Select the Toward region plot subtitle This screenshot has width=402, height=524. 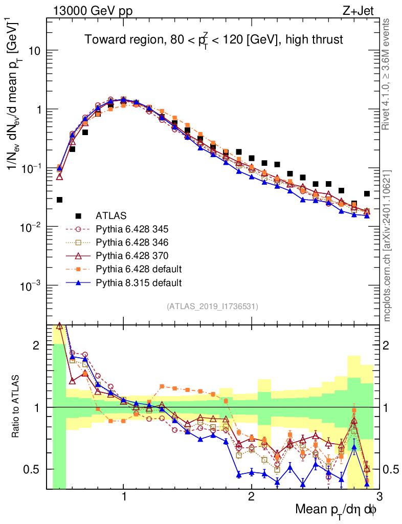click(213, 39)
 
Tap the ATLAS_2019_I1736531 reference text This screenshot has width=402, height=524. click(212, 307)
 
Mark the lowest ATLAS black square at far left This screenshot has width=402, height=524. click(60, 200)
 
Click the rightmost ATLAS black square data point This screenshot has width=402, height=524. click(367, 193)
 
